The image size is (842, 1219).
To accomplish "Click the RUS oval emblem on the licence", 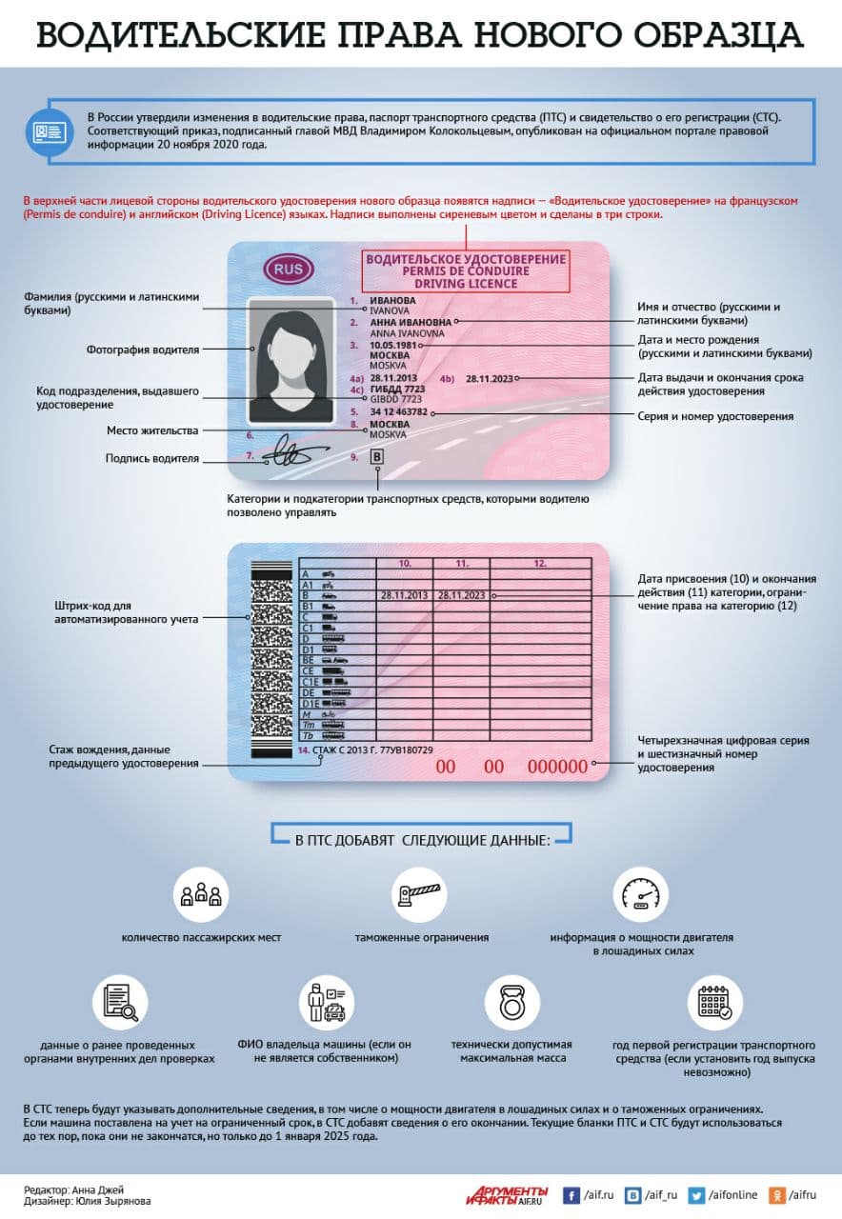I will (x=286, y=270).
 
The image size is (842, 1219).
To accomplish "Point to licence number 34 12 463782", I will (x=399, y=412).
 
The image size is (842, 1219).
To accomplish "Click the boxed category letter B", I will (x=376, y=458).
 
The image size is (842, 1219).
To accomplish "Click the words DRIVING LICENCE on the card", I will (x=467, y=284).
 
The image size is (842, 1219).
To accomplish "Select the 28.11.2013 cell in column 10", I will (x=405, y=595).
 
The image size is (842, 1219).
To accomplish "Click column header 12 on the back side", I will (x=540, y=564).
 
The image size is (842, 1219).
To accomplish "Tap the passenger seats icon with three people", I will (x=201, y=894).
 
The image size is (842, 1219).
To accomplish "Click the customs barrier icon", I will (x=421, y=894).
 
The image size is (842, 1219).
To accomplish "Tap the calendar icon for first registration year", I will (x=715, y=1001).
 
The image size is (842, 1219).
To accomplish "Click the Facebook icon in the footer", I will (x=572, y=1194).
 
